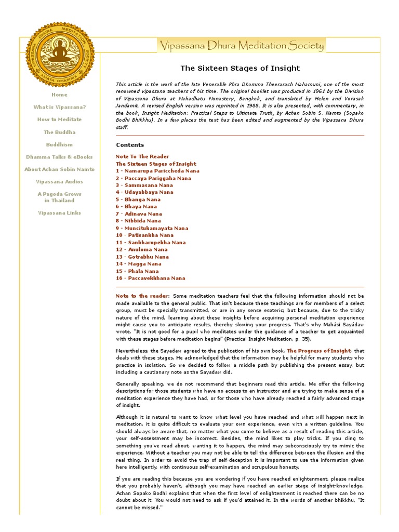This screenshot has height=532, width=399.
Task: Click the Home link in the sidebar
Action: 59,95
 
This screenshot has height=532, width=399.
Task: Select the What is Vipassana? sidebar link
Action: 59,107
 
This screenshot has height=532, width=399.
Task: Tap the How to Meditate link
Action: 59,119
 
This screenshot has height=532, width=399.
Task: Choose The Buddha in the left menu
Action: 59,132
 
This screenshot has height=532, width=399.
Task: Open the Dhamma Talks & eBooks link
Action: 59,157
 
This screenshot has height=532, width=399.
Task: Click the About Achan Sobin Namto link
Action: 59,169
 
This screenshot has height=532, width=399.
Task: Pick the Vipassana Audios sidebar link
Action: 59,182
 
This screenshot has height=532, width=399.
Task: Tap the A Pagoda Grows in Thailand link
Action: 59,197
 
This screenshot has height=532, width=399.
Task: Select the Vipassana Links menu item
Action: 59,213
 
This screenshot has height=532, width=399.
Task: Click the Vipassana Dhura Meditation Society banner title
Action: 241,46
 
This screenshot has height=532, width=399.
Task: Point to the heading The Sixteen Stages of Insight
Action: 240,68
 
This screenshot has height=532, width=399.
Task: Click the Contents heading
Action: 130,145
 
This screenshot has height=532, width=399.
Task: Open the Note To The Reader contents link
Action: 142,156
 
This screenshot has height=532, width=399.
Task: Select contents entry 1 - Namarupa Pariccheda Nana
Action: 157,171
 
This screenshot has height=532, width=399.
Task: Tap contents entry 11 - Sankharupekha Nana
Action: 151,243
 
